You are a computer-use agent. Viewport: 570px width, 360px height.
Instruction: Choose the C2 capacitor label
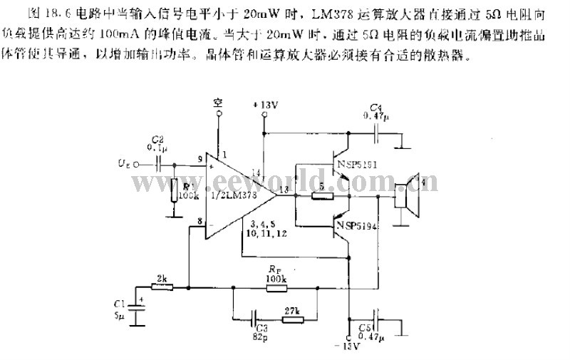tap(157, 143)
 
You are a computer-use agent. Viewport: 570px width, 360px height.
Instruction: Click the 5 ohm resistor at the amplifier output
tap(323, 195)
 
